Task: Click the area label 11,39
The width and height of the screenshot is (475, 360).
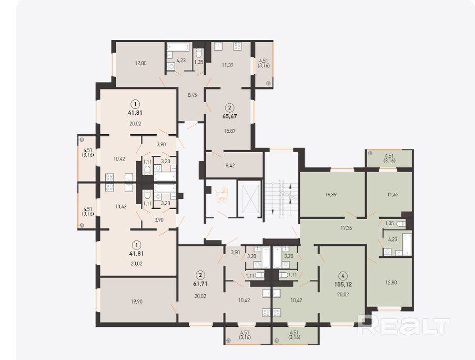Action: point(227,65)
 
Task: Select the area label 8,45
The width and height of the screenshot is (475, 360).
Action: point(193,95)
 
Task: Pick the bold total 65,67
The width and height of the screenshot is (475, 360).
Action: point(230,116)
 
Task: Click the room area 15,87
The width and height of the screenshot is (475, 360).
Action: point(230,131)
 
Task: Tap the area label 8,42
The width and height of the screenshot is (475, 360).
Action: point(230,165)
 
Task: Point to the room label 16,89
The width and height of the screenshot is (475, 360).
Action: point(331,195)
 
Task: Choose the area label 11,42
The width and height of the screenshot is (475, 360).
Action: point(393,195)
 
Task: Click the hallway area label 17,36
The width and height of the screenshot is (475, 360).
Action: point(346,228)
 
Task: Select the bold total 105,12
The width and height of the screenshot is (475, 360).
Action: point(343,285)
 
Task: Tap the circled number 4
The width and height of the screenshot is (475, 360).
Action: point(343,276)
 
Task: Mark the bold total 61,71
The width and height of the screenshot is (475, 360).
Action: point(200,284)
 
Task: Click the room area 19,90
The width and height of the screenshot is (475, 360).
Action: point(137,302)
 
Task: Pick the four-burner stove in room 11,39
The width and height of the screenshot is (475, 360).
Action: point(237,46)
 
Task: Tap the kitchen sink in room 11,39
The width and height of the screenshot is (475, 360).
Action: point(218,46)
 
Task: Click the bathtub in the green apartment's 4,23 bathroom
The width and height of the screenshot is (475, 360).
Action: point(407,244)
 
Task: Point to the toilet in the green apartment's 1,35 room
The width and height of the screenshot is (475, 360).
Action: point(400,224)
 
